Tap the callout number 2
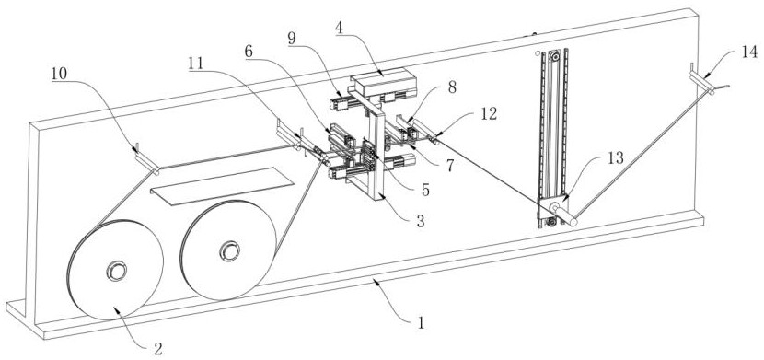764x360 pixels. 157,349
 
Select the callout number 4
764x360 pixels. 339,28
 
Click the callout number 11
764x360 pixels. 197,64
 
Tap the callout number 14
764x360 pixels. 750,52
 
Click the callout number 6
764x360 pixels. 249,52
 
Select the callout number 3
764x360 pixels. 420,222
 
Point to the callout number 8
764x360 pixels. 452,89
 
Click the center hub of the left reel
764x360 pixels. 117,271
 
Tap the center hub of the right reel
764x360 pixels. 229,250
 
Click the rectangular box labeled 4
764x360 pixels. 385,83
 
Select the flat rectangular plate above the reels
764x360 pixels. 222,186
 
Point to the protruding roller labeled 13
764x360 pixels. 563,215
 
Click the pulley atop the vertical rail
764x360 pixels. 552,57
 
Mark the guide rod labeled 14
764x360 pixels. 702,79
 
